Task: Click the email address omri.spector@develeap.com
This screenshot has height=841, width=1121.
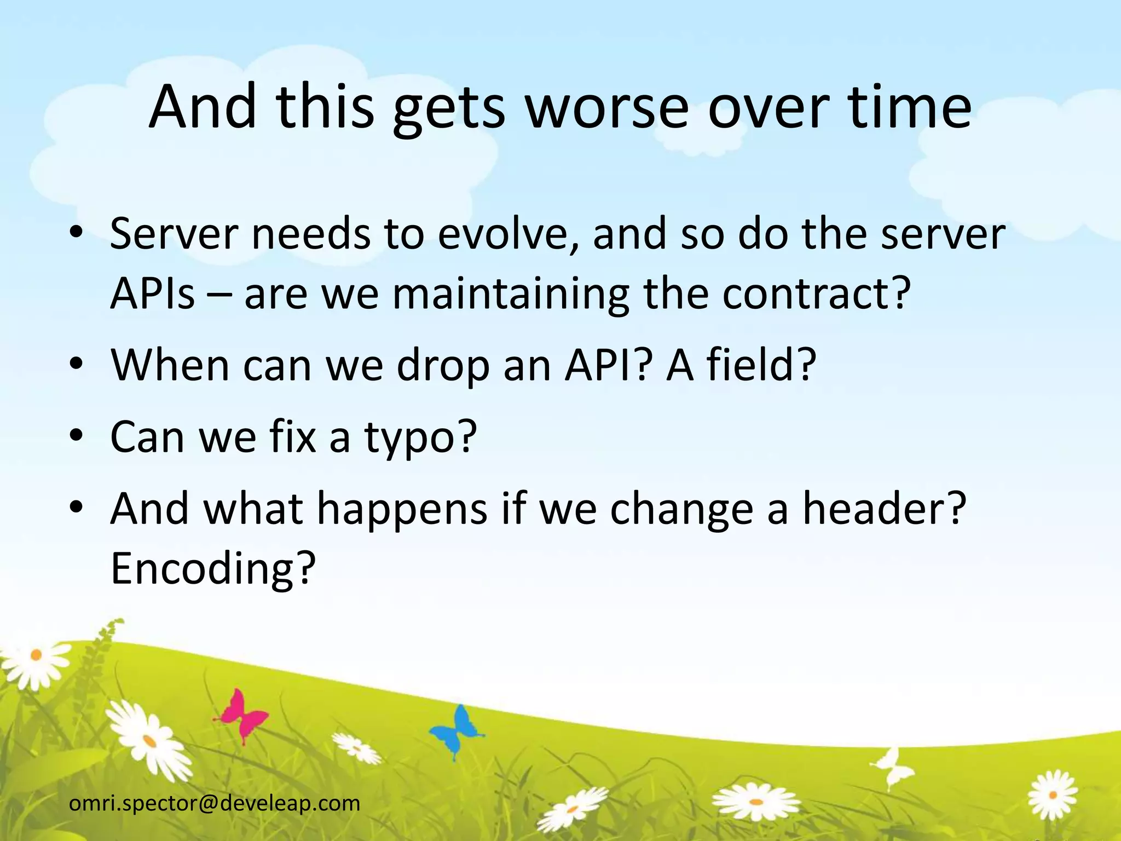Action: (215, 803)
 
